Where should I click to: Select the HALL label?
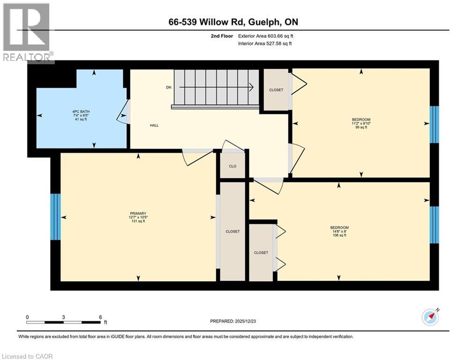pyautogui.click(x=154, y=126)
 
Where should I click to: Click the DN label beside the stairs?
pyautogui.click(x=169, y=87)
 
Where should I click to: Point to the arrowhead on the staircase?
pyautogui.click(x=251, y=87)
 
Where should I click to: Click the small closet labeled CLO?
pyautogui.click(x=232, y=166)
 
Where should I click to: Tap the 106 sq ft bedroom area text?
pyautogui.click(x=339, y=236)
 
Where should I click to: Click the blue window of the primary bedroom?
pyautogui.click(x=55, y=217)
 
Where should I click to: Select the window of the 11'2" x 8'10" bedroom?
pyautogui.click(x=434, y=124)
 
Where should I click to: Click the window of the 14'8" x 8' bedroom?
pyautogui.click(x=434, y=225)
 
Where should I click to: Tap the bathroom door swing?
pyautogui.click(x=122, y=113)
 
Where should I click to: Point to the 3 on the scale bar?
pyautogui.click(x=63, y=317)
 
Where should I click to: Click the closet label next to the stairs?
pyautogui.click(x=276, y=90)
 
